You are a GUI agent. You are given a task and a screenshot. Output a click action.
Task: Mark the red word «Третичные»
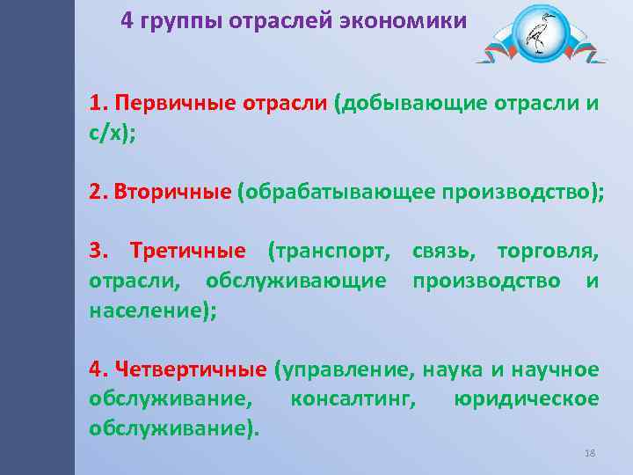(187, 253)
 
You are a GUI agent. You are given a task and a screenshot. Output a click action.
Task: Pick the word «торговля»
(547, 253)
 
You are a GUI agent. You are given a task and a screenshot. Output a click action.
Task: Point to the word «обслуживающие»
(295, 281)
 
